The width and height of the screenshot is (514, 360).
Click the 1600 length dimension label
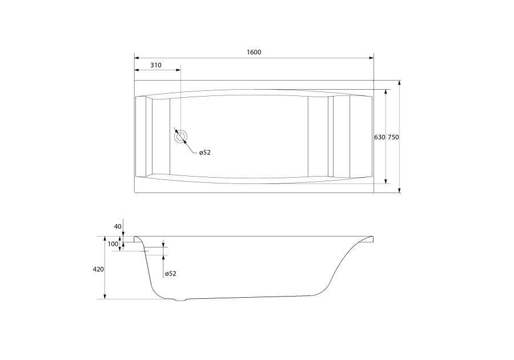(x=254, y=52)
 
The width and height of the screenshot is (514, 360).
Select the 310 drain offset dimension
(x=156, y=65)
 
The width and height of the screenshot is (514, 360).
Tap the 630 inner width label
(x=380, y=137)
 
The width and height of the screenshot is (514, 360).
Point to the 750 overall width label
(x=393, y=137)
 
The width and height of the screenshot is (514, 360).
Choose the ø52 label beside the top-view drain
(x=204, y=153)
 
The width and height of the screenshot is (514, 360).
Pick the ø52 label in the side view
(x=170, y=274)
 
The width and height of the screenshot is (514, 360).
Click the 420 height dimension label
(x=98, y=269)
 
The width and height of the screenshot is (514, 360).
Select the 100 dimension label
(x=113, y=244)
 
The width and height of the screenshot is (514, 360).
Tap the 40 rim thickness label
(x=118, y=226)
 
